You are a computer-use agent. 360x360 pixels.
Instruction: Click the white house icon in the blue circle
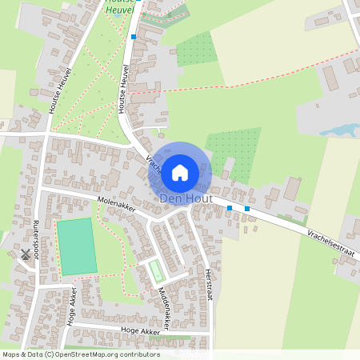[180, 171]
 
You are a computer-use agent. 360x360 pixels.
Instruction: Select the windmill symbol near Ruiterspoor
[26, 255]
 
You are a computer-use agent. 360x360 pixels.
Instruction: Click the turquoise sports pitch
[76, 246]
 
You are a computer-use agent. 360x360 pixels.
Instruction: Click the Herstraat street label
[210, 284]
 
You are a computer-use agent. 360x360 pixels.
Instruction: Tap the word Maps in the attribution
[12, 354]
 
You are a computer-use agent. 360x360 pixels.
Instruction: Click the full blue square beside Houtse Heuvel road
[133, 37]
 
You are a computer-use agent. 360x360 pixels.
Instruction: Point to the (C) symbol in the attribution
[50, 354]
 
